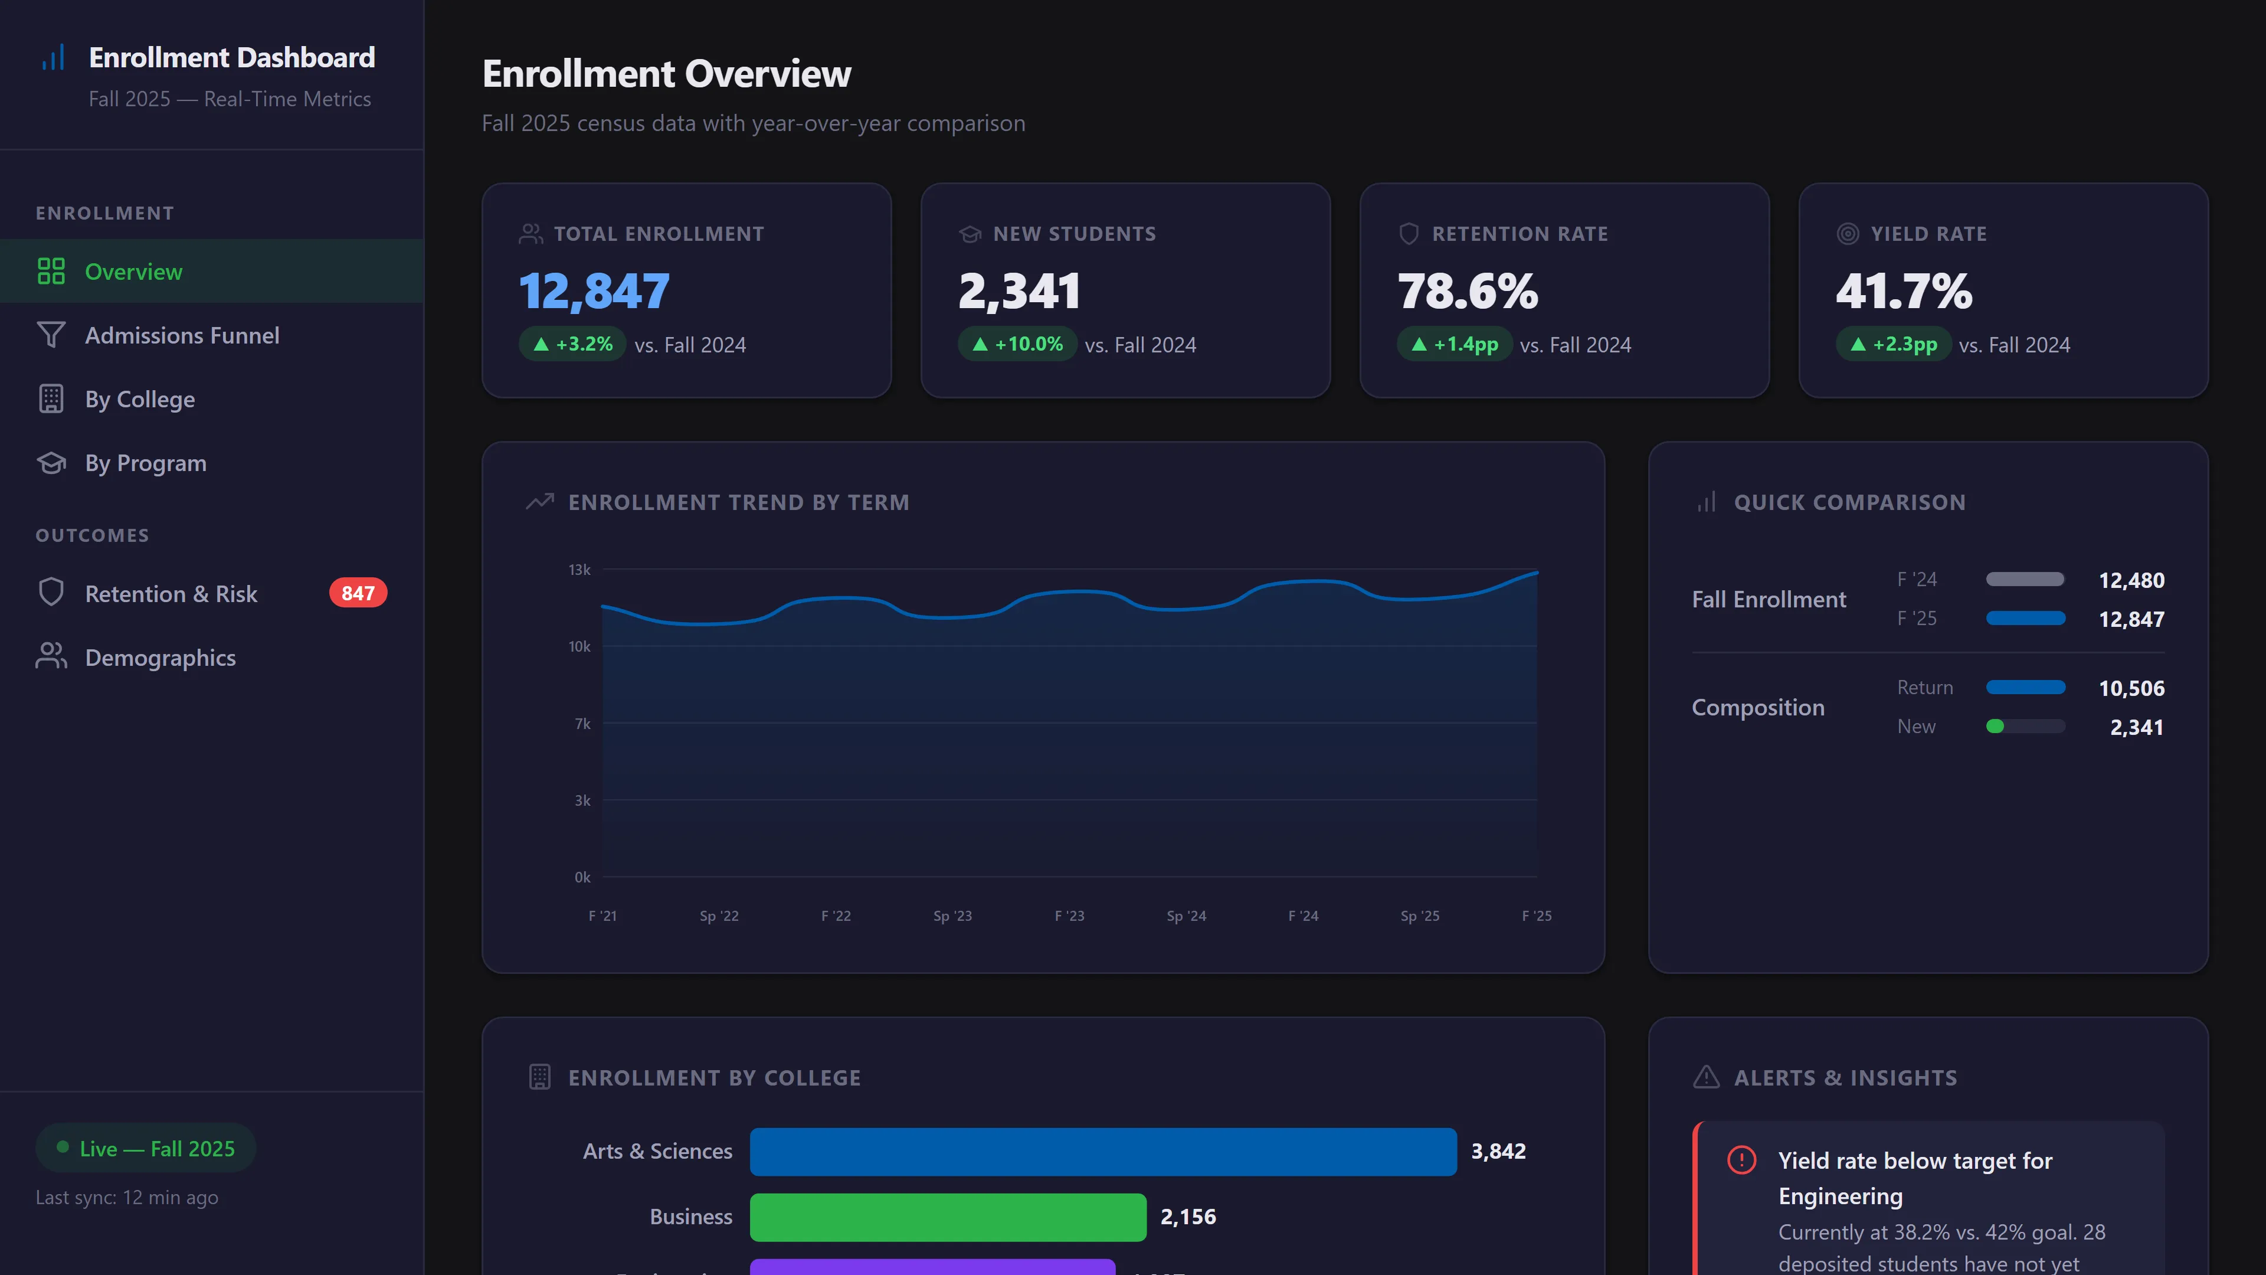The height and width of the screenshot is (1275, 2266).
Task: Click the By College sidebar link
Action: pyautogui.click(x=139, y=400)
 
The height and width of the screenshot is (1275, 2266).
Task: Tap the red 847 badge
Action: pyautogui.click(x=357, y=593)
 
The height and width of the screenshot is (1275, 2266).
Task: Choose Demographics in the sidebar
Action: pyautogui.click(x=159, y=658)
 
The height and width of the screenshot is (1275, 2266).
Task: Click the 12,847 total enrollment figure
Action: pyautogui.click(x=594, y=291)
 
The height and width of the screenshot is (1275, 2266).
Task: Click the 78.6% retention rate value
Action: pyautogui.click(x=1467, y=291)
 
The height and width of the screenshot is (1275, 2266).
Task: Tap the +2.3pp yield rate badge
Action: pyautogui.click(x=1893, y=344)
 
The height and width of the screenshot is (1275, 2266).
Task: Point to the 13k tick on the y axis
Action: pyautogui.click(x=579, y=569)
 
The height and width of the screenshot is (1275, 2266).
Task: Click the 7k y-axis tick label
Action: pyautogui.click(x=581, y=723)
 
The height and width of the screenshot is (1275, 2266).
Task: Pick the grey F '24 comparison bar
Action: pyautogui.click(x=2024, y=579)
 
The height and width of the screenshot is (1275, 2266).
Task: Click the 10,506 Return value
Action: pyautogui.click(x=2130, y=688)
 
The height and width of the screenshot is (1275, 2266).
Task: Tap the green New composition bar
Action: pyautogui.click(x=1995, y=726)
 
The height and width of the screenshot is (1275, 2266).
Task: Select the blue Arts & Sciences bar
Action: pyautogui.click(x=1102, y=1151)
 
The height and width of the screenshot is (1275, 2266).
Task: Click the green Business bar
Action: pyautogui.click(x=947, y=1217)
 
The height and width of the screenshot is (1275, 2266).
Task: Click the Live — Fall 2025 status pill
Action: pyautogui.click(x=146, y=1148)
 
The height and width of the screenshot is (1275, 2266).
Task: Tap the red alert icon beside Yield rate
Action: pyautogui.click(x=1741, y=1160)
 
